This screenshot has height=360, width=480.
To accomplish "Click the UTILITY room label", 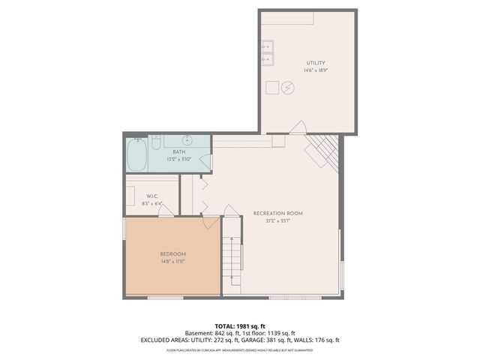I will tap(315, 62).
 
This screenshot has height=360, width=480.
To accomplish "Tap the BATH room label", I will tap(179, 152).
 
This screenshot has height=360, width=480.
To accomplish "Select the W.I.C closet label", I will tap(151, 197).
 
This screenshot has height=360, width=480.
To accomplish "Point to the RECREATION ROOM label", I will tap(277, 214).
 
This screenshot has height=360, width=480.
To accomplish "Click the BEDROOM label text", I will tap(173, 254).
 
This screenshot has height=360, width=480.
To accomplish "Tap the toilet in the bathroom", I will tap(157, 142).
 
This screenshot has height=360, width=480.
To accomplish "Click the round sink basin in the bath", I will tap(187, 140).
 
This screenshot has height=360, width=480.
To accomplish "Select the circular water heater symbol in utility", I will tap(288, 88).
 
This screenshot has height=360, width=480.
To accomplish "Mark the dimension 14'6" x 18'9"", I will tap(316, 70).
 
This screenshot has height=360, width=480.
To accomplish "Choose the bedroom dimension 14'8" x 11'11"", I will tap(173, 262).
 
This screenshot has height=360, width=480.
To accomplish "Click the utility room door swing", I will tap(298, 127).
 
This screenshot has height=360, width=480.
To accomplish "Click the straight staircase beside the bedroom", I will tap(233, 259).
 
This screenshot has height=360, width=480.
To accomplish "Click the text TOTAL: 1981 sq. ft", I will tap(240, 326).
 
